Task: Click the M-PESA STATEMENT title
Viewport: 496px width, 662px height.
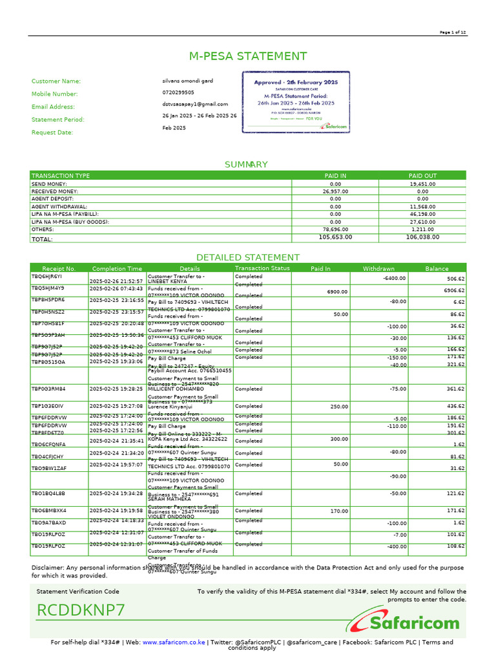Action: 247,56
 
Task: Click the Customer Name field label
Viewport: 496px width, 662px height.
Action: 56,81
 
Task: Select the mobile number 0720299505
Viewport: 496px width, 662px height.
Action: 178,92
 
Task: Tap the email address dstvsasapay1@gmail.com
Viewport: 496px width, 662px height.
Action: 194,104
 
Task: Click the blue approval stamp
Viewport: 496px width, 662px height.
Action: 295,102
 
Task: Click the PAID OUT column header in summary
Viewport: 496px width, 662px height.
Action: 422,176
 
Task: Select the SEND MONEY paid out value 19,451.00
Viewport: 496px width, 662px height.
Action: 422,184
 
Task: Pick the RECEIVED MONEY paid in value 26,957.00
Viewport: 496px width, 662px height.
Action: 335,191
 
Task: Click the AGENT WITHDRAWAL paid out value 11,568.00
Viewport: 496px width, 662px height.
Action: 422,206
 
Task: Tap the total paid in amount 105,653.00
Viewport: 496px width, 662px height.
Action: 335,237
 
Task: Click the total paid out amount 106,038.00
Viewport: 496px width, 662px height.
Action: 422,237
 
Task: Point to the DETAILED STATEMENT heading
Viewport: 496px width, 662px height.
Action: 247,257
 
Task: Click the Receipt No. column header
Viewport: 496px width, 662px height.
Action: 59,268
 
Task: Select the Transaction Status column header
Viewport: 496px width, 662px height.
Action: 262,268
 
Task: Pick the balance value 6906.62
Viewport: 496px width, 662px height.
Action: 454,291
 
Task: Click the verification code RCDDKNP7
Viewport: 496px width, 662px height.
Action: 81,610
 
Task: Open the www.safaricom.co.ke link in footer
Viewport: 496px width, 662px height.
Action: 174,643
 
